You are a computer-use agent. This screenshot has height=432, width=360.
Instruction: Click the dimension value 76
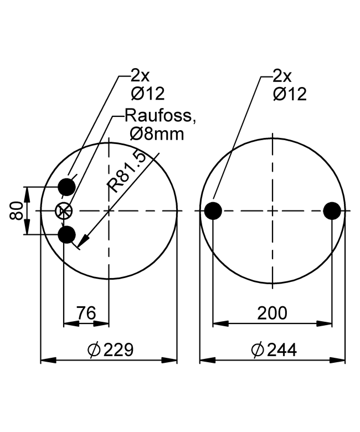[x=86, y=313]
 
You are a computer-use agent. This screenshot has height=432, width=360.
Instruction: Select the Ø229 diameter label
[x=110, y=349]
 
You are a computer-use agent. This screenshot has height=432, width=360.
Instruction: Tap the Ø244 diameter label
[x=274, y=350]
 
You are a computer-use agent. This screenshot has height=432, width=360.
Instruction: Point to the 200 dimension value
[x=272, y=313]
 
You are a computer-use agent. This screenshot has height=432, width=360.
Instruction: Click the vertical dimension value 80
[x=16, y=211]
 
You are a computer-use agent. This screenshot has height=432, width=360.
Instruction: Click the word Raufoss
[x=160, y=115]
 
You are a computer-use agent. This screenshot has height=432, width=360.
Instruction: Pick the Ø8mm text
[x=157, y=134]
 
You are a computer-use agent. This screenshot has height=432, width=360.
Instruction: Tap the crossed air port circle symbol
[x=64, y=211]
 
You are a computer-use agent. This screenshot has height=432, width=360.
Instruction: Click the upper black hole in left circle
[x=66, y=187]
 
